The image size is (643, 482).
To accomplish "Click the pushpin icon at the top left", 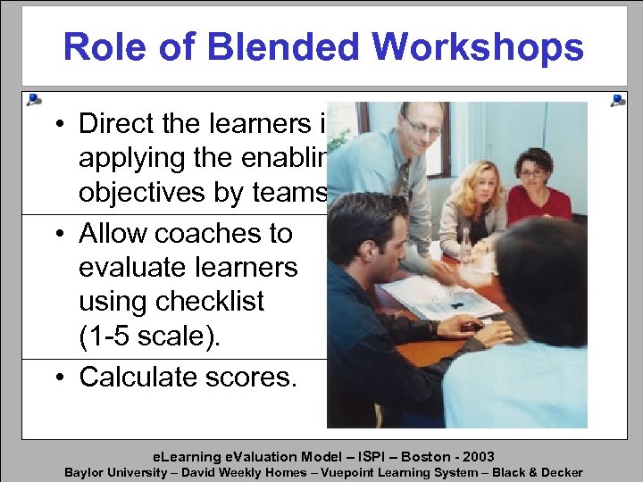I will tap(33, 98).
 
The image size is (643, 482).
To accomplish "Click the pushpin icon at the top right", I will tap(616, 100).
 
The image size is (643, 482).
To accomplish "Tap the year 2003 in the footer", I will tap(475, 456).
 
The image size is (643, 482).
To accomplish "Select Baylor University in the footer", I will tap(115, 472).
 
